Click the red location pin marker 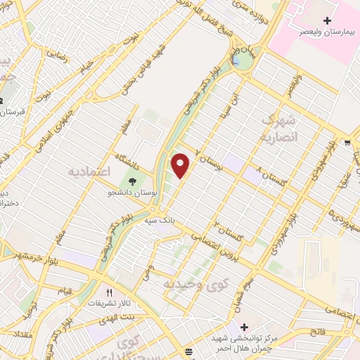[x=181, y=165]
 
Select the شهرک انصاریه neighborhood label [x=278, y=129]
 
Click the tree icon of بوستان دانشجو [x=132, y=184]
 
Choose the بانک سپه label [x=160, y=221]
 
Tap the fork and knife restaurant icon [x=109, y=292]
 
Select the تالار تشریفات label [x=109, y=302]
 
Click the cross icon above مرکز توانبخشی [x=244, y=328]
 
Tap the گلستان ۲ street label [x=229, y=232]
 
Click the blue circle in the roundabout [x=245, y=61]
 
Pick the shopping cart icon [x=347, y=143]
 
